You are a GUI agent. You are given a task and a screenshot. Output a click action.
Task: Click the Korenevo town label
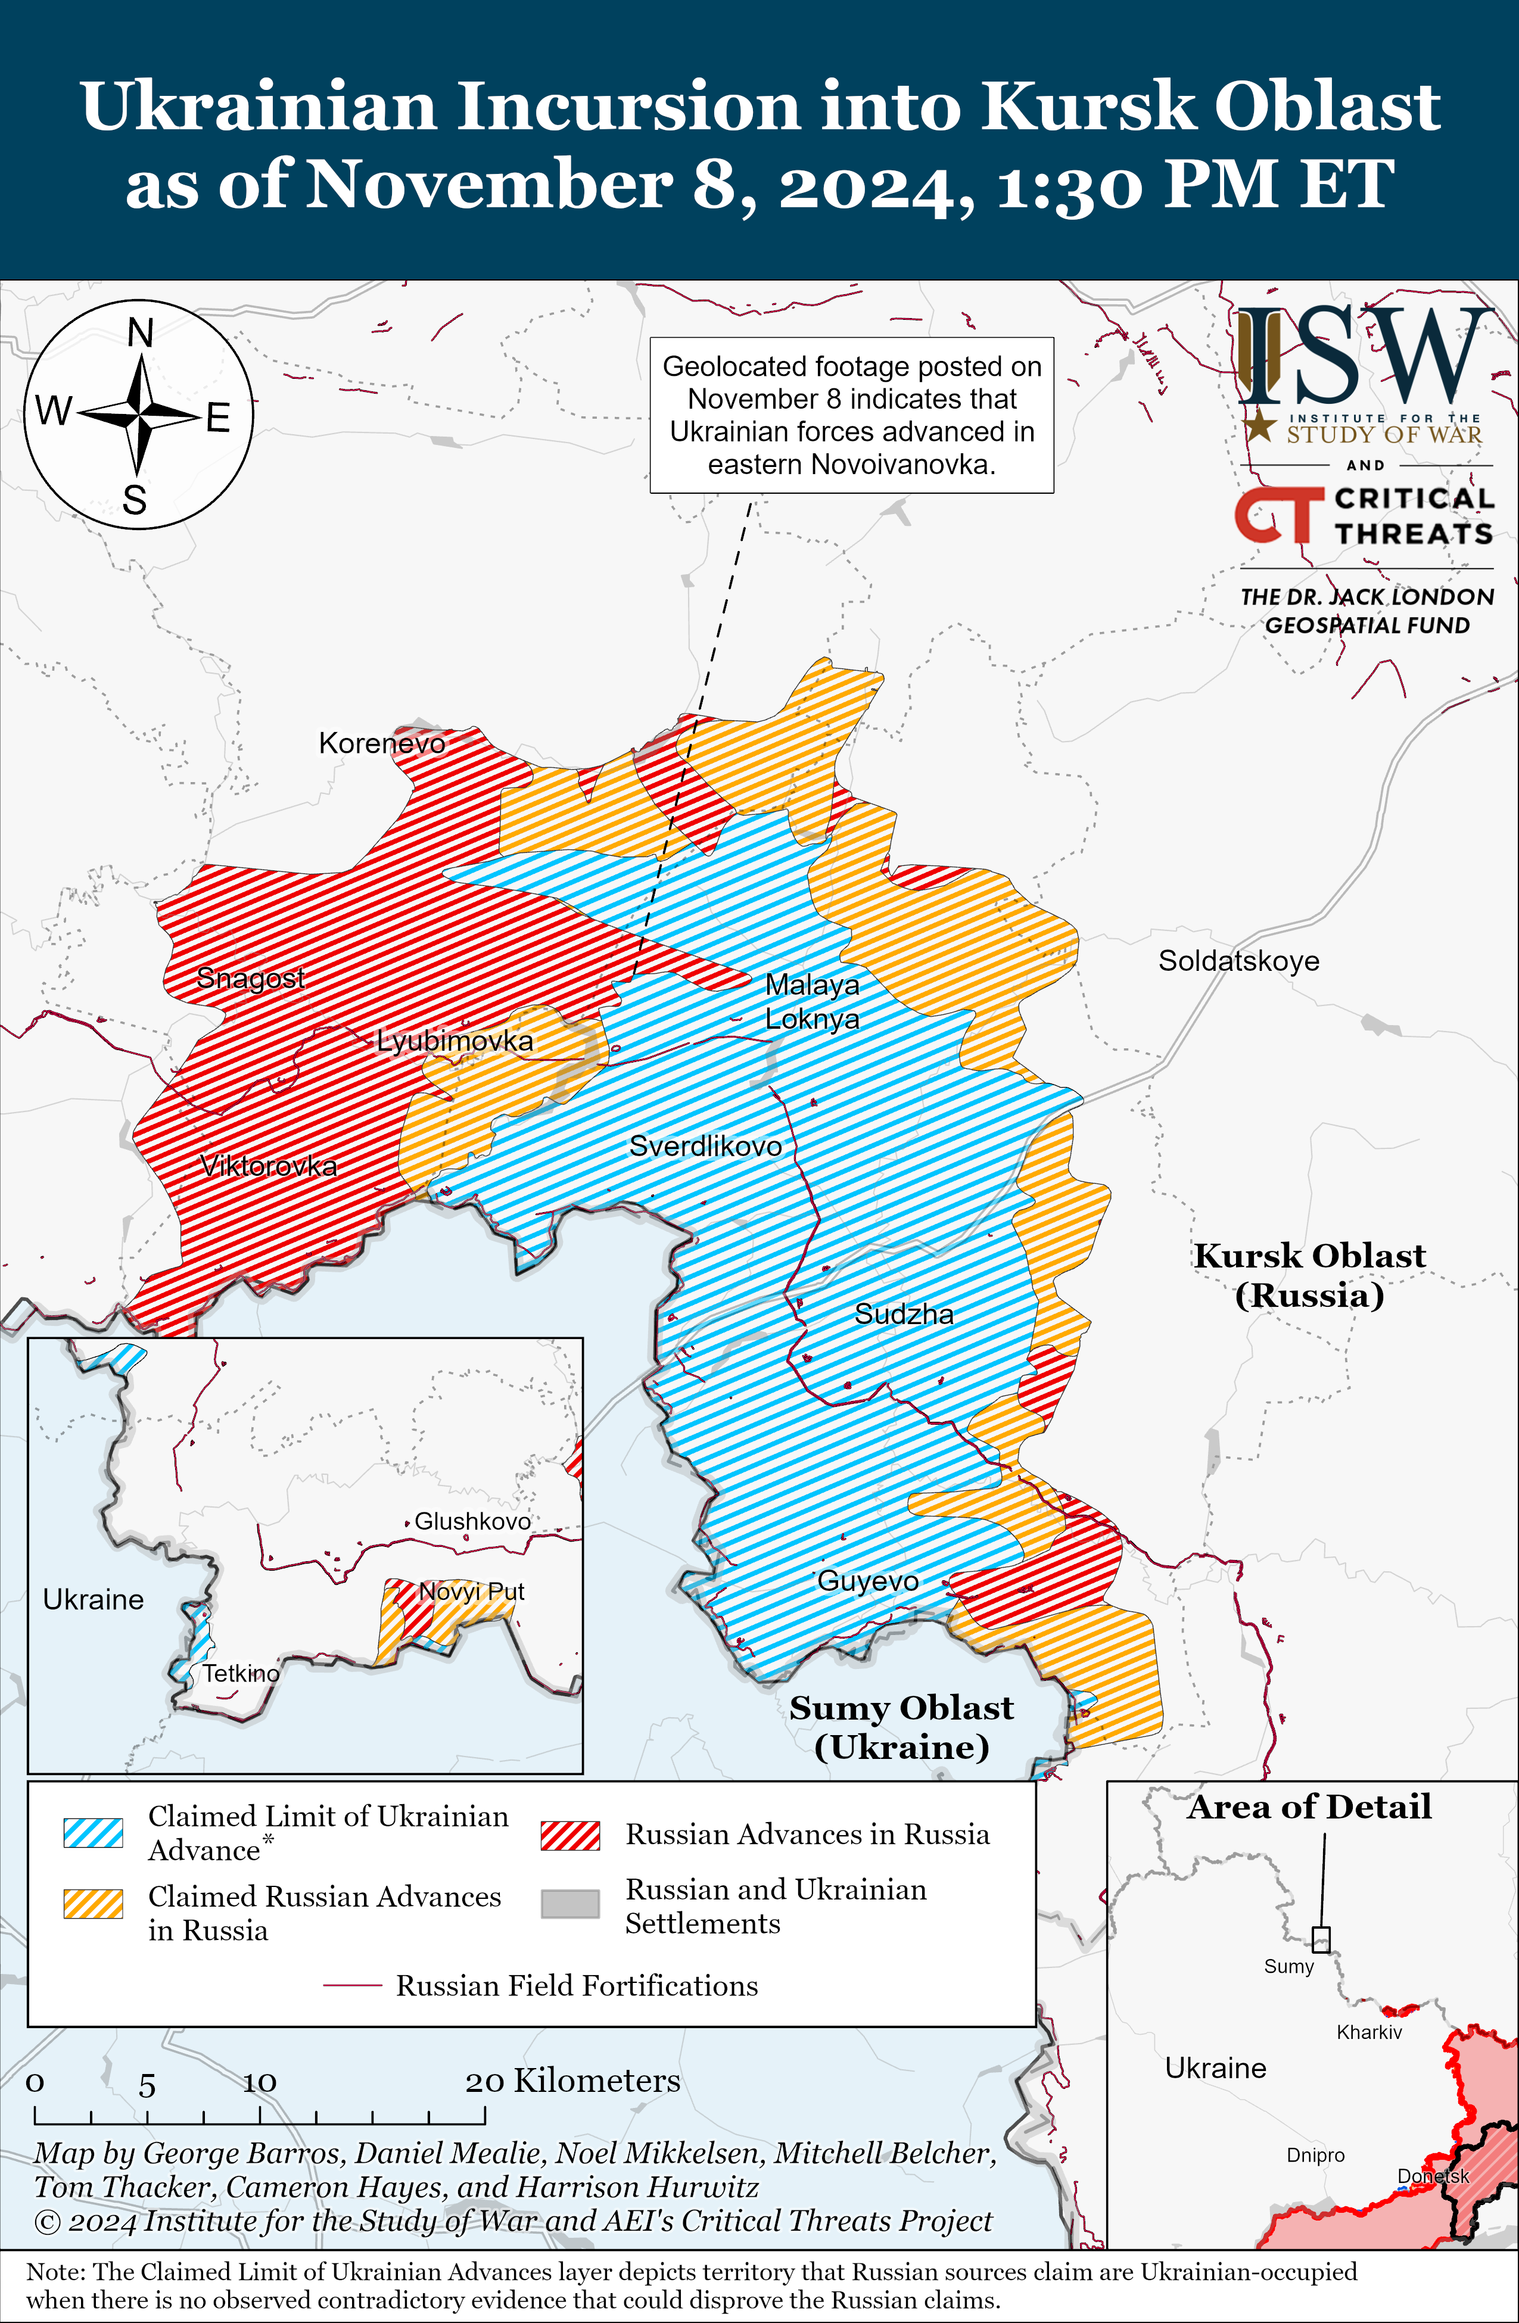pos(382,744)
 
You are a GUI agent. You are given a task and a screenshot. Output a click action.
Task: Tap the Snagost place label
pos(250,978)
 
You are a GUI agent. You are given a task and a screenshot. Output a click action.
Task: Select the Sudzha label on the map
pos(904,1314)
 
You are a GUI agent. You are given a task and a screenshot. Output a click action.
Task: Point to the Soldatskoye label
pos(1238,961)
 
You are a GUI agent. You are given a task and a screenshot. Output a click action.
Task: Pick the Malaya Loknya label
pos(812,1001)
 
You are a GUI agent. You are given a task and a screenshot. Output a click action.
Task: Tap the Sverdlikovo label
pos(705,1146)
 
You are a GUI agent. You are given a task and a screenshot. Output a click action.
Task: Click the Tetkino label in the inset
pos(240,1673)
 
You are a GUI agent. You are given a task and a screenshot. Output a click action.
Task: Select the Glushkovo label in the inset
pos(472,1521)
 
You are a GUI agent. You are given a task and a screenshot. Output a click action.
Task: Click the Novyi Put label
pos(472,1592)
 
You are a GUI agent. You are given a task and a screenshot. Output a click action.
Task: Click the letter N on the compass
pos(141,334)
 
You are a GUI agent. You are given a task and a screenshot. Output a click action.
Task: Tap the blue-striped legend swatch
pos(94,1833)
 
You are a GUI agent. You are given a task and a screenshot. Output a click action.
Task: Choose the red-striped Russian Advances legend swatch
pos(570,1835)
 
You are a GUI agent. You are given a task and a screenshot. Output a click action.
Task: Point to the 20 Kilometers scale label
pos(572,2081)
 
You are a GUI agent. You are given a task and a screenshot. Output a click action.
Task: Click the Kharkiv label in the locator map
pos(1369,2032)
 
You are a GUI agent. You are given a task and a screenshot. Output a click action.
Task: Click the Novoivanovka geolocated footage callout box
pos(851,415)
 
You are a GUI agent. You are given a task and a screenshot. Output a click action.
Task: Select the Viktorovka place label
pos(269,1166)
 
